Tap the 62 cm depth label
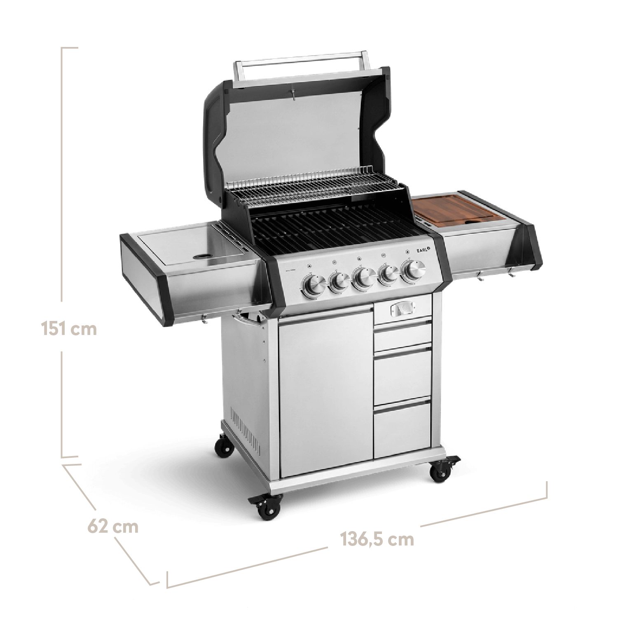112,526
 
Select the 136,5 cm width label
376,539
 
